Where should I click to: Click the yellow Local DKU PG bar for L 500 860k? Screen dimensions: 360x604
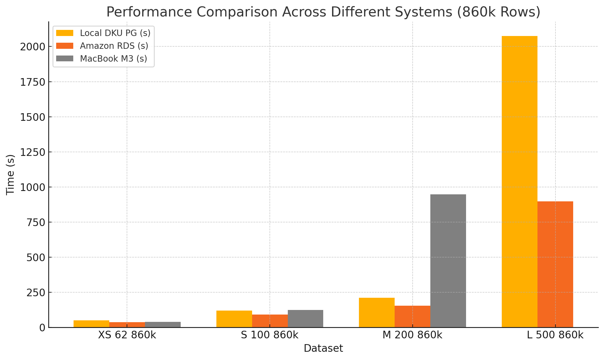coord(519,182)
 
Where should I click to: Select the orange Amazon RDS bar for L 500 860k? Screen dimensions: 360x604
coord(555,264)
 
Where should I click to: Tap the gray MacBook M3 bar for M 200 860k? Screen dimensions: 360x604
coord(448,261)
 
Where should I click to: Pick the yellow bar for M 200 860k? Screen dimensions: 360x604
coord(377,312)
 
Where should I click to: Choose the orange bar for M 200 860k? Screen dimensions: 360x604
coord(412,316)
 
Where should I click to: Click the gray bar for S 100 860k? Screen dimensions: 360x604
coord(306,319)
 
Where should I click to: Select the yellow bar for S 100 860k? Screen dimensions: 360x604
coord(234,319)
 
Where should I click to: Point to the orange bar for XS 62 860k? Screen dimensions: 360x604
coord(127,325)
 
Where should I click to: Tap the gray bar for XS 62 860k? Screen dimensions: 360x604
coord(163,325)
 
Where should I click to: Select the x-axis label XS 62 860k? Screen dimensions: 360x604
coord(127,335)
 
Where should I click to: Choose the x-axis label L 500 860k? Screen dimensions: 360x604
coord(555,335)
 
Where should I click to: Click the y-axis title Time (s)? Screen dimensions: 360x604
coord(11,175)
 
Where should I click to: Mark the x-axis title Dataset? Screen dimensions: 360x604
coord(323,348)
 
